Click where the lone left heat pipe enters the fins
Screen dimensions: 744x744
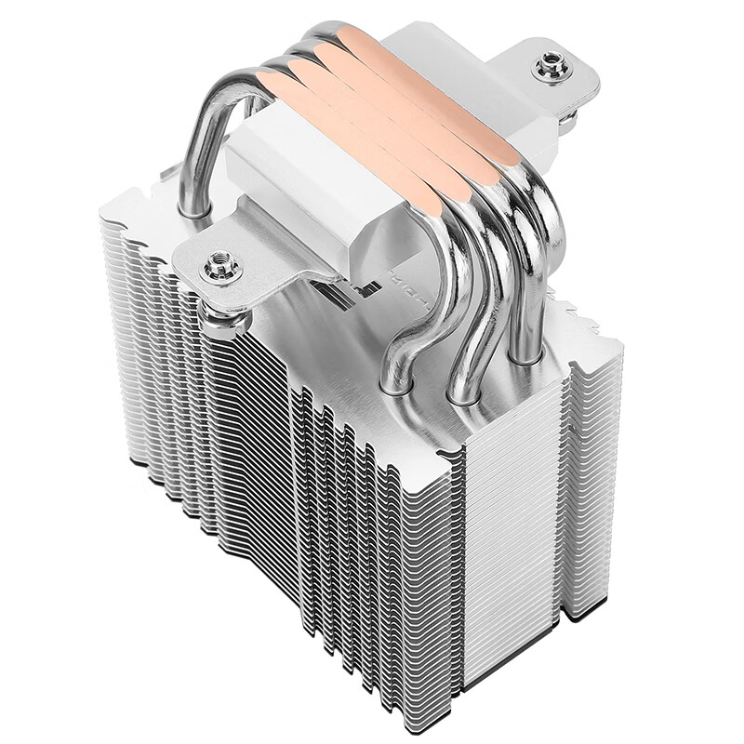pyautogui.click(x=194, y=210)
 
